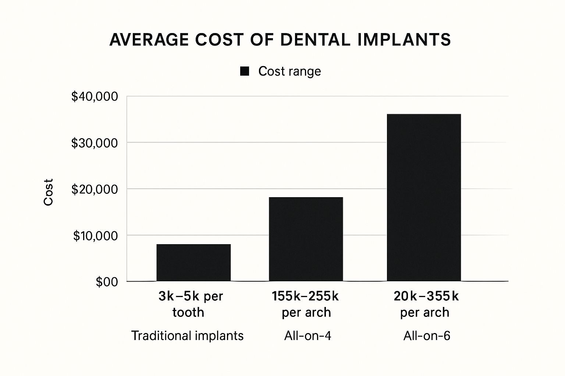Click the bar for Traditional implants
click(193, 263)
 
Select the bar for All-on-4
click(306, 239)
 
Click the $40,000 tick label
click(95, 97)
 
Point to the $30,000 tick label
click(95, 143)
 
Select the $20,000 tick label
click(95, 189)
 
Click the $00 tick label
click(107, 282)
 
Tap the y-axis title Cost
click(49, 192)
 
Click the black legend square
click(245, 71)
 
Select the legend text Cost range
click(289, 71)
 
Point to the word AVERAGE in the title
click(150, 40)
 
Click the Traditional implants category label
click(187, 336)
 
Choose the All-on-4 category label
click(308, 336)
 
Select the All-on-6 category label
click(427, 336)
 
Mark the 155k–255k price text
click(305, 296)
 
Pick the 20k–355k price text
click(426, 296)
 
